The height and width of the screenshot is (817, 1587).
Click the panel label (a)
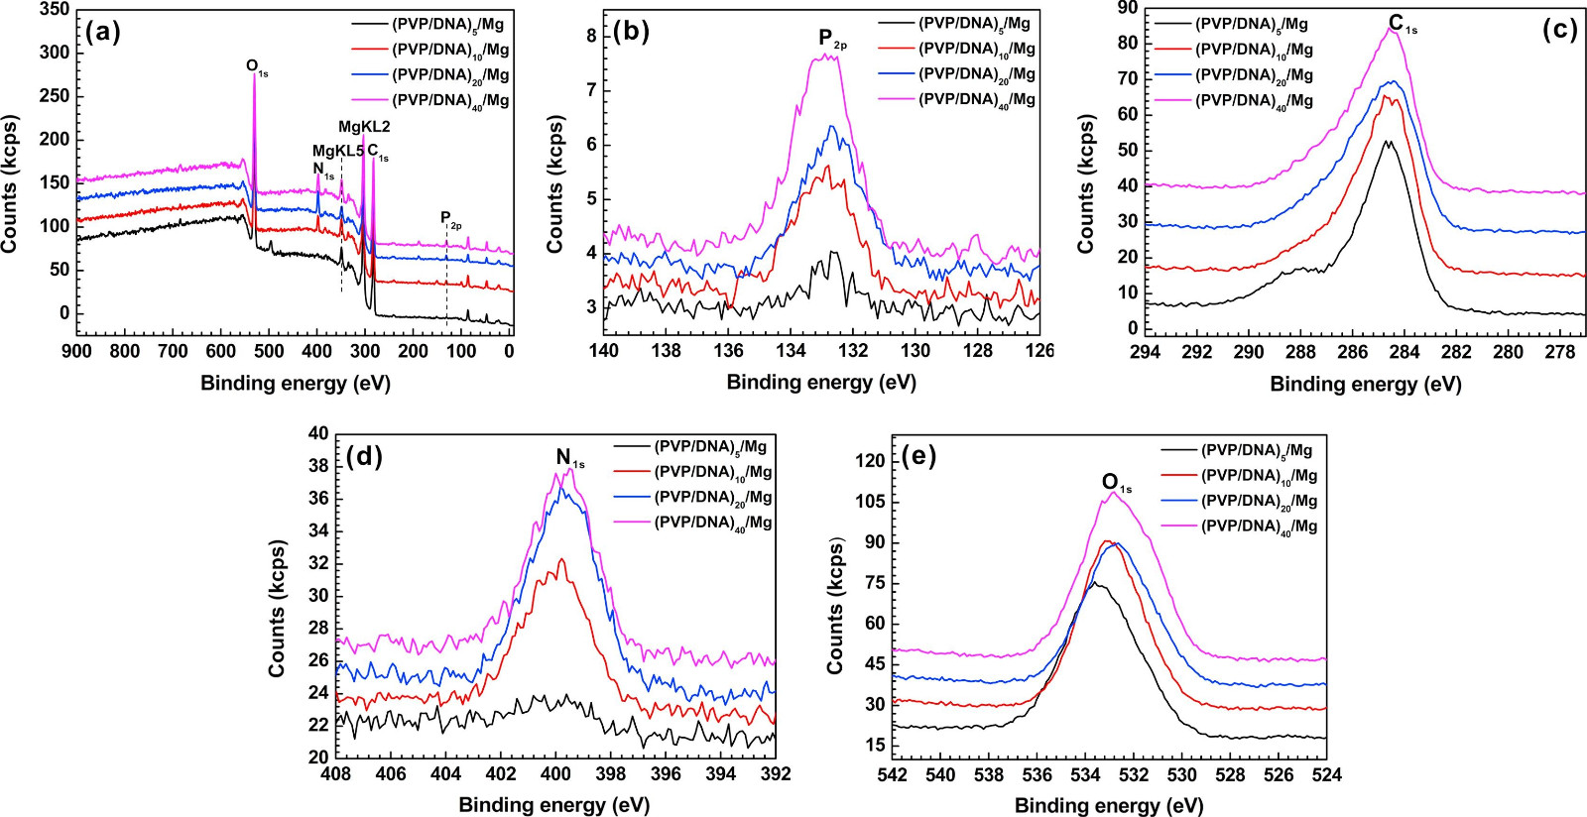pos(103,33)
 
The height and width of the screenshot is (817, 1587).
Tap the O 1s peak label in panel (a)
pos(256,67)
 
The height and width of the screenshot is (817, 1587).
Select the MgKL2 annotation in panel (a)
pos(364,127)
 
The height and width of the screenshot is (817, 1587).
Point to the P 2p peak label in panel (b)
pos(831,39)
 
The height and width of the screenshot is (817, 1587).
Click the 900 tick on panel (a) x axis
pos(76,351)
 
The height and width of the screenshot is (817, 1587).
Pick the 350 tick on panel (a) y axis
pos(55,10)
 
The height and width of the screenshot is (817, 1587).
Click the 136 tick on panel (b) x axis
pos(728,350)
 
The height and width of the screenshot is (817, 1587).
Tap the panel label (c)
pos(1559,30)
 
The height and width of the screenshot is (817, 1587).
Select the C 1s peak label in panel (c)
pos(1402,24)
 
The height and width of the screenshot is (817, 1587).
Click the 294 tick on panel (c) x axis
pos(1145,352)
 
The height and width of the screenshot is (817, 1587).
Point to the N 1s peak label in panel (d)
pos(568,458)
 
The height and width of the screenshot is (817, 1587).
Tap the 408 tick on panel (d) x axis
pos(336,774)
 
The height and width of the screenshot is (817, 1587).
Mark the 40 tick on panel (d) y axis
pos(317,433)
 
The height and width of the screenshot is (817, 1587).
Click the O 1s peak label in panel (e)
pos(1115,483)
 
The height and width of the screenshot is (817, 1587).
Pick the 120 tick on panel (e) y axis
pos(869,460)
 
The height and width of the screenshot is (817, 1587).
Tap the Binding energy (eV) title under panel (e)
pos(1109,805)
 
